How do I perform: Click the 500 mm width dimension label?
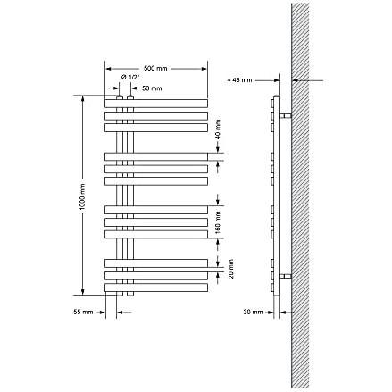coord(155,69)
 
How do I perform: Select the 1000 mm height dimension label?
coord(82,196)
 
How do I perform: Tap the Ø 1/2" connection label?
coord(130,78)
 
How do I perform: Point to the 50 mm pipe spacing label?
coord(152,88)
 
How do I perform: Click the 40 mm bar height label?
coord(218,129)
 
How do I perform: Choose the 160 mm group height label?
coord(218,222)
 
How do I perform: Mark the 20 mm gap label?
coord(231,269)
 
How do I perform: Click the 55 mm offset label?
coord(83,312)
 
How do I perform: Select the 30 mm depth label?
coord(253,312)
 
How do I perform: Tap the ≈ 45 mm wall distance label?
coord(239,80)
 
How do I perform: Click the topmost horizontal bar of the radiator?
coord(156,103)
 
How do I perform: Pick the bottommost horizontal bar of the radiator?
coord(156,288)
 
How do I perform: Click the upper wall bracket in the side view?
coord(286,115)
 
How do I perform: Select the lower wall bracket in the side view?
coord(286,277)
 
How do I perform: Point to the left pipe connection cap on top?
coord(120,97)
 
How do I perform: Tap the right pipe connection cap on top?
coord(130,97)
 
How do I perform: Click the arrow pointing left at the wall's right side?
coord(308,80)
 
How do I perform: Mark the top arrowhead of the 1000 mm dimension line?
coord(83,98)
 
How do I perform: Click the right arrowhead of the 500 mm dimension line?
coord(204,69)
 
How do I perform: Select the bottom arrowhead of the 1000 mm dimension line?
coord(83,292)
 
